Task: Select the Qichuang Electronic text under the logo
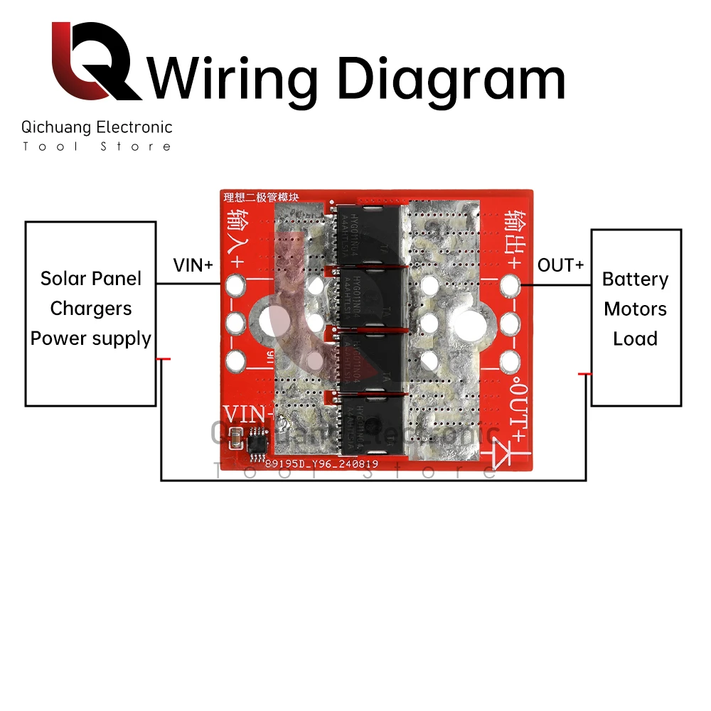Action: (97, 127)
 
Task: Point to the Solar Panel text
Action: (91, 278)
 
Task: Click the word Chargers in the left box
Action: (91, 309)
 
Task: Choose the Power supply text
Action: (91, 338)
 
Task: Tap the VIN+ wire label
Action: (193, 265)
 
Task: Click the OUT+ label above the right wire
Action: (560, 265)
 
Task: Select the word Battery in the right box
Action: (635, 279)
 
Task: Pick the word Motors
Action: (635, 309)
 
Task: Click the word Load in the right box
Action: (635, 338)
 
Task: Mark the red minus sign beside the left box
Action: (164, 359)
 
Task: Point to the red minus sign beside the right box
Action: (585, 373)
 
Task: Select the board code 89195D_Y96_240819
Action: (321, 464)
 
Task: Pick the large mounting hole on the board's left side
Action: (272, 324)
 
